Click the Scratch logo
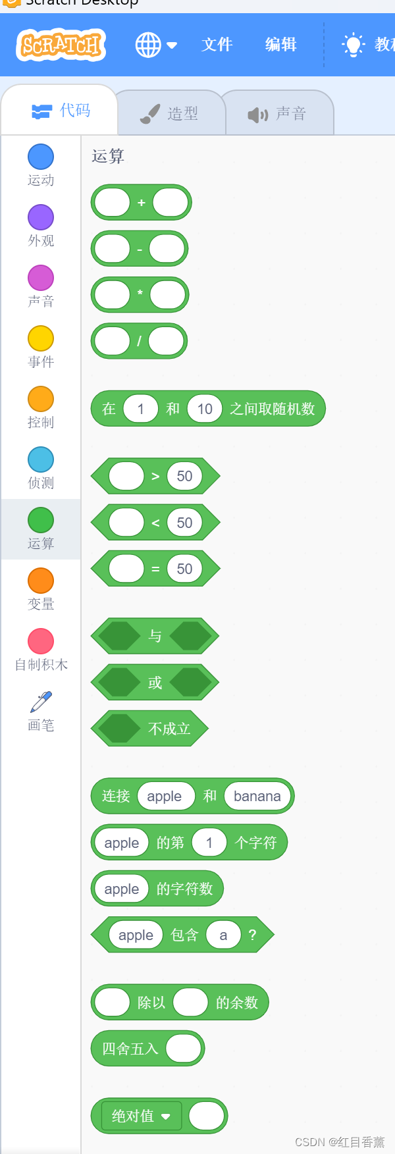click(61, 45)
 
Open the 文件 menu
click(217, 45)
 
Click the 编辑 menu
click(280, 45)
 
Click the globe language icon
click(148, 45)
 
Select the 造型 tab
click(171, 114)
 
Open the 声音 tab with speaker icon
click(277, 114)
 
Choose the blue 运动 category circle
click(41, 157)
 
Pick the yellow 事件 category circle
click(41, 338)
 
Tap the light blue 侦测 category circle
click(41, 459)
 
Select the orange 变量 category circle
click(41, 581)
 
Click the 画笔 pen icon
click(41, 702)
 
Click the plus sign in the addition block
click(141, 203)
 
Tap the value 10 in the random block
click(205, 409)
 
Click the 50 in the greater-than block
click(184, 476)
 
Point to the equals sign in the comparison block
click(155, 569)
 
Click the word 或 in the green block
click(155, 683)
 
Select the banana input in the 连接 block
click(257, 796)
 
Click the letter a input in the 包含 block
click(223, 935)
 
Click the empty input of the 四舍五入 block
click(183, 1048)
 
